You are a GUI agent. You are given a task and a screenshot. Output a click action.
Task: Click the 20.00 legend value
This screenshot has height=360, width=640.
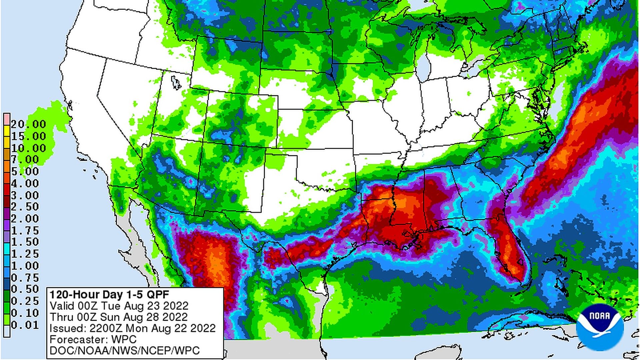[28, 124]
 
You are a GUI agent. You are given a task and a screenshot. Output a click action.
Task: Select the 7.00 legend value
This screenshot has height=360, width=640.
[25, 160]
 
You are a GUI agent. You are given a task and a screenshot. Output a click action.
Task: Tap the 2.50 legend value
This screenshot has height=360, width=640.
[25, 207]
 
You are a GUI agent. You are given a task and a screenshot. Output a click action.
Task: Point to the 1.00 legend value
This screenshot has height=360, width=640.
[25, 266]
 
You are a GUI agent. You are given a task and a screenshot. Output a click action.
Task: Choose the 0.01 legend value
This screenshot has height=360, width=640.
[25, 325]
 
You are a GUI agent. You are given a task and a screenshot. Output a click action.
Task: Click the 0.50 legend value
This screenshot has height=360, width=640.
[25, 289]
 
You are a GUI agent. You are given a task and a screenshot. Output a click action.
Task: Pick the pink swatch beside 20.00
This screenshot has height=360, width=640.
[7, 119]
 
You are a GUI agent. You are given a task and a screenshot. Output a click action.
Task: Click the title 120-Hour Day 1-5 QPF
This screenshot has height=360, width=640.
[109, 295]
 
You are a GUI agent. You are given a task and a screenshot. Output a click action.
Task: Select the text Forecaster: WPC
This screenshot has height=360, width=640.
[93, 339]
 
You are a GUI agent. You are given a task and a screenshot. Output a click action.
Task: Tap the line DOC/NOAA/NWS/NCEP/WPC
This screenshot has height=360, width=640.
[124, 351]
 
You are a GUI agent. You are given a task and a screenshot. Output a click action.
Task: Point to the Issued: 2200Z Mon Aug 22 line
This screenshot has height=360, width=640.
[132, 328]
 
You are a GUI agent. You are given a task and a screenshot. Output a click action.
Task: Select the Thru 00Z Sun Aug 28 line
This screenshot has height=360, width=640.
[119, 317]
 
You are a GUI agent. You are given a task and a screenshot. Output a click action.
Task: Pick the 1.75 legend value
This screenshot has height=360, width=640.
[25, 231]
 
